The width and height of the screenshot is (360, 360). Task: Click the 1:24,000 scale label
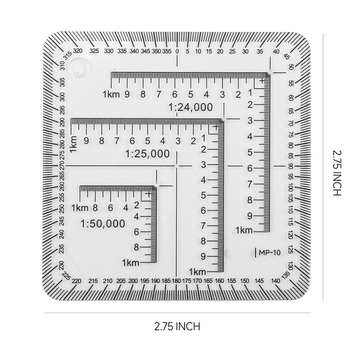[x=191, y=107]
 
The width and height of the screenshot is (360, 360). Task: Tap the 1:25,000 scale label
[x=147, y=154]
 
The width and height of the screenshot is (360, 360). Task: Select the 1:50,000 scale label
[x=103, y=224]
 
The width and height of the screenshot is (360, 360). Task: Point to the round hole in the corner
[x=80, y=67]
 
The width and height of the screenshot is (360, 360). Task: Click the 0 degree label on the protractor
[x=177, y=51]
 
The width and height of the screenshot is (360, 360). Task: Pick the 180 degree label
[x=176, y=280]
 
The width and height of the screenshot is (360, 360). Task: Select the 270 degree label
[x=62, y=166]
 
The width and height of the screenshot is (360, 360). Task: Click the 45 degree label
[x=287, y=57]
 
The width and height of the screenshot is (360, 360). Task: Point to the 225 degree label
[x=66, y=276]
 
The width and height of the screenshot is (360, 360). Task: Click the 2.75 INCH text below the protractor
[x=177, y=327]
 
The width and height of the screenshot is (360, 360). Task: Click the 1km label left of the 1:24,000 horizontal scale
[x=110, y=95]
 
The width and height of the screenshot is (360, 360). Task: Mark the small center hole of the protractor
[x=177, y=166]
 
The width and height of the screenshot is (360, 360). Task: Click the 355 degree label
[x=166, y=51]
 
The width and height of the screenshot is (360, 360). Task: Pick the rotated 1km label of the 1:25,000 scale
[x=73, y=143]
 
